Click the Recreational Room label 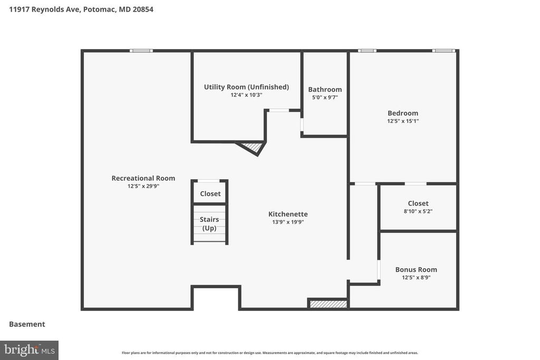click(x=143, y=178)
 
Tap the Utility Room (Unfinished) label click(x=246, y=87)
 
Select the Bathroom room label click(x=325, y=90)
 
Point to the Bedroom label click(x=403, y=113)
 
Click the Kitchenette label click(x=288, y=214)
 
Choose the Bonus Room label click(x=416, y=269)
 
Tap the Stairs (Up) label click(x=209, y=224)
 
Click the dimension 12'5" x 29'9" click(x=143, y=186)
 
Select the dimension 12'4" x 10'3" click(x=246, y=95)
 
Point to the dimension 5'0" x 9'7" click(x=325, y=98)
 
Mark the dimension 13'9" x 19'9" click(x=288, y=222)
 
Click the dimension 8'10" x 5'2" click(x=418, y=211)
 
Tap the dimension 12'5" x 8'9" click(x=416, y=277)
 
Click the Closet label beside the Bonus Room click(x=418, y=203)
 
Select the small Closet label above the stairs click(x=210, y=194)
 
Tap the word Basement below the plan click(x=27, y=324)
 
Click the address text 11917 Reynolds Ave click(x=44, y=9)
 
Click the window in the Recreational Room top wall click(x=141, y=51)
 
